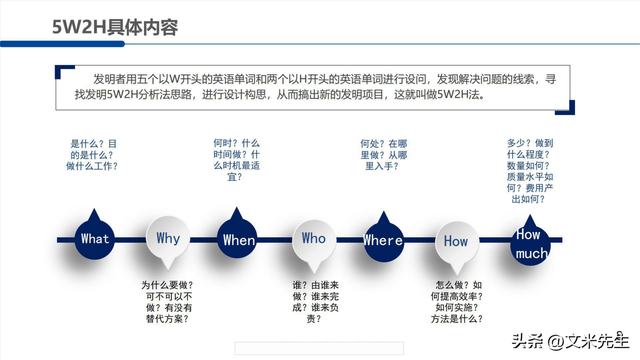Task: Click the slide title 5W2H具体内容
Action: pos(115,27)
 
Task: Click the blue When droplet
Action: pos(239,238)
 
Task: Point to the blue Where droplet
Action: pos(383,238)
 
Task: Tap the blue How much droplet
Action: pos(530,243)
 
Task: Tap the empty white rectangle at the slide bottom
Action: pos(319,348)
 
